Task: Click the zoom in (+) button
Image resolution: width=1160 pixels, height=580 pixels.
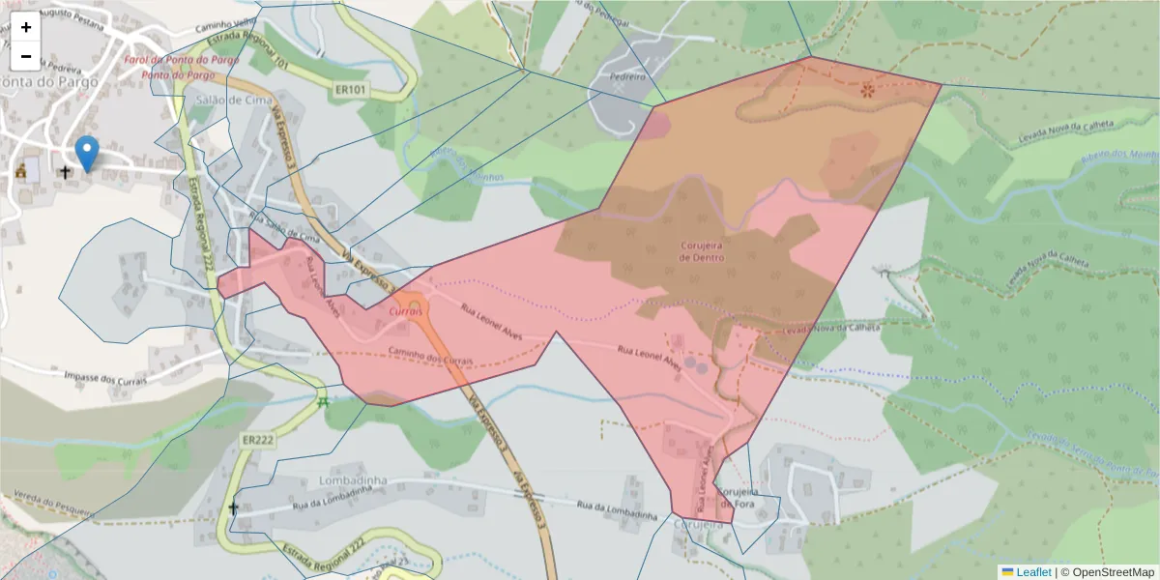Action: coord(26,27)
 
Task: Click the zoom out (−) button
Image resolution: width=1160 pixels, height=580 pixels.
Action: coord(26,56)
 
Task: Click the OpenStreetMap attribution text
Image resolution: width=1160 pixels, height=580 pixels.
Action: coord(1113,572)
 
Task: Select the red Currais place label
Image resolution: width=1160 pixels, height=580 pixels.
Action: coord(407,312)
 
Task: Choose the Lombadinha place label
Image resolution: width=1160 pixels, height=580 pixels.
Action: coord(352,480)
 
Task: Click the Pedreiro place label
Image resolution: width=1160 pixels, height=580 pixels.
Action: coord(626,75)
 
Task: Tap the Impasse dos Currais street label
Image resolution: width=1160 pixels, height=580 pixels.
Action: coord(104,377)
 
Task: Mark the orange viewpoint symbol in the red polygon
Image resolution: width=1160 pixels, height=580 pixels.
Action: coord(867,90)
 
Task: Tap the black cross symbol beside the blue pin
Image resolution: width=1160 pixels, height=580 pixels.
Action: coord(65,172)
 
